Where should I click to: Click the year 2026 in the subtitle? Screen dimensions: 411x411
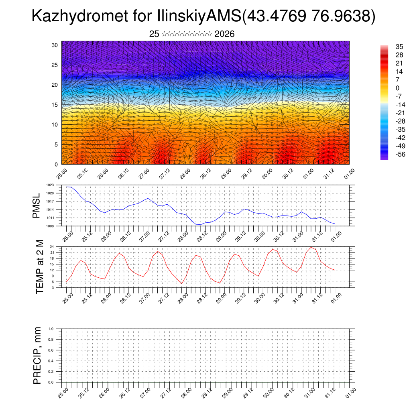(x=224, y=34)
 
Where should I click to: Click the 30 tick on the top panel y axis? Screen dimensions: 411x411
(x=55, y=45)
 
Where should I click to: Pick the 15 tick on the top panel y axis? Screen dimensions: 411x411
(x=55, y=105)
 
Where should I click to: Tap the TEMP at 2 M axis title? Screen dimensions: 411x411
(x=39, y=267)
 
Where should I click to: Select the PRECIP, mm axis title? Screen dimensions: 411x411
(x=37, y=356)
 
